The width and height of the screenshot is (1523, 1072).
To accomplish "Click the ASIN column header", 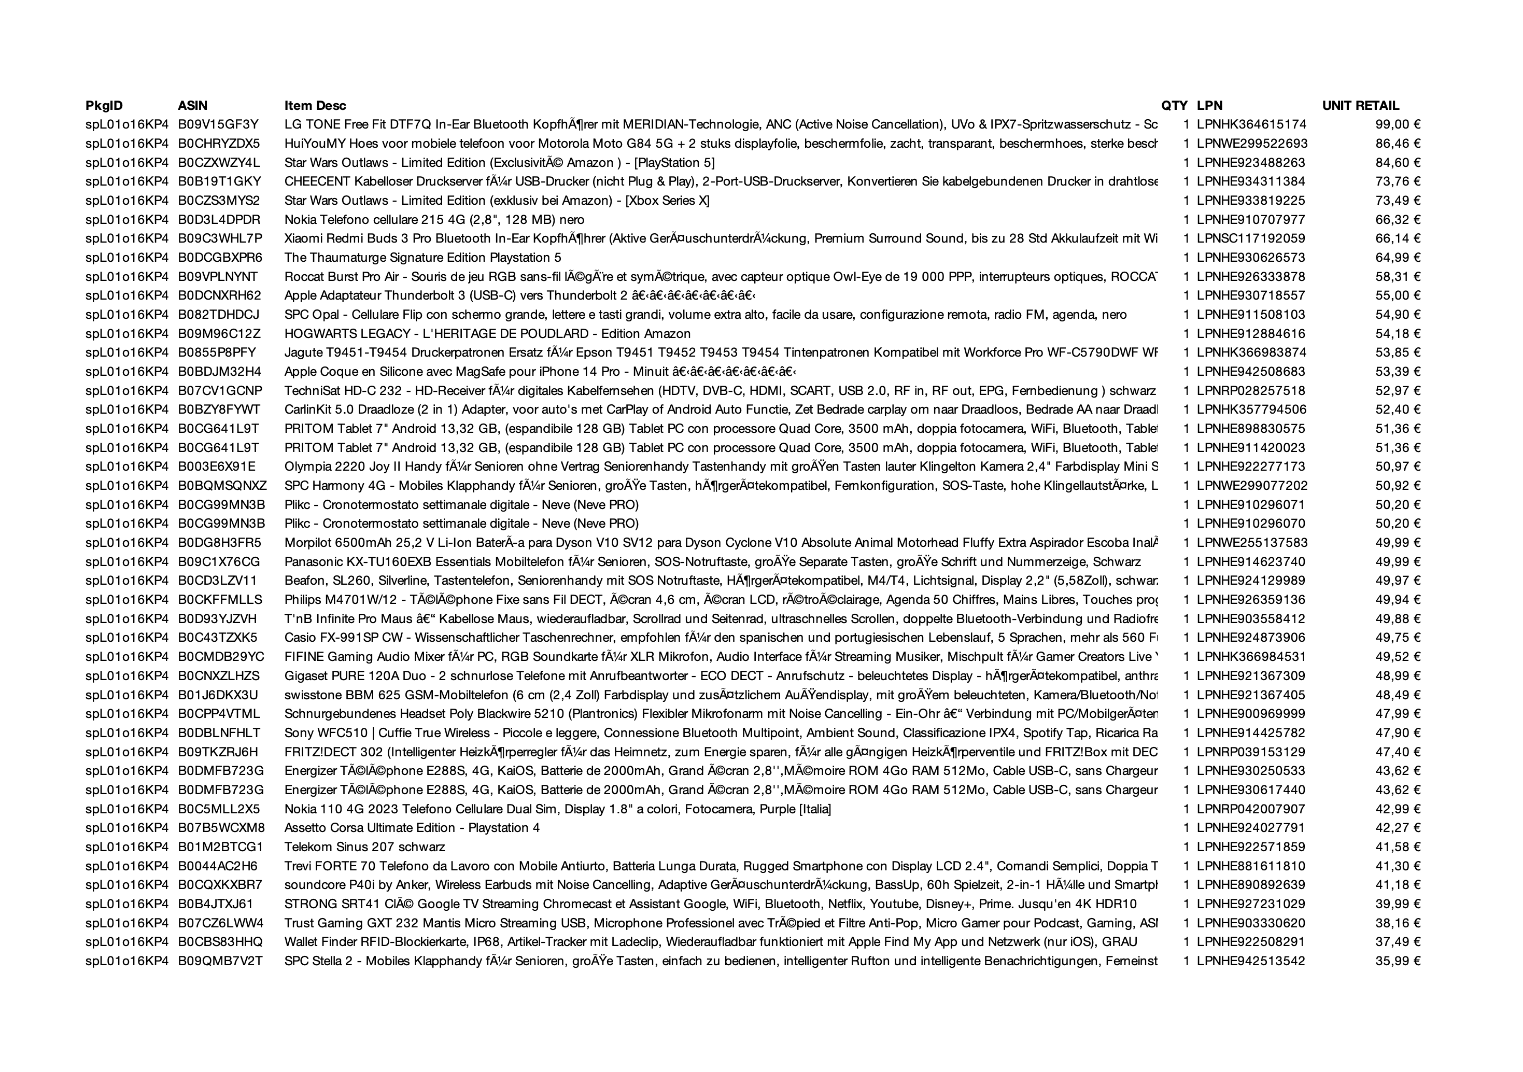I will pyautogui.click(x=192, y=105).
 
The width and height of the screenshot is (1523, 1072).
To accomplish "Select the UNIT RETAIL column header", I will pyautogui.click(x=1360, y=105).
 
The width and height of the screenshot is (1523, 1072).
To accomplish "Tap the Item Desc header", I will pyautogui.click(x=315, y=105).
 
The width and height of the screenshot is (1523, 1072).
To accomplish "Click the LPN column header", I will pyautogui.click(x=1209, y=105).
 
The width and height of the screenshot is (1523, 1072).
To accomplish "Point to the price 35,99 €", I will pyautogui.click(x=1398, y=961).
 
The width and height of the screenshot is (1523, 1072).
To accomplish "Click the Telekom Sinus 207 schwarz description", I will pyautogui.click(x=364, y=847).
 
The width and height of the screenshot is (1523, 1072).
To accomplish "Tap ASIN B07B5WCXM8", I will pyautogui.click(x=221, y=828).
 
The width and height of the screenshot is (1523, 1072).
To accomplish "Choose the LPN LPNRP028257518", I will pyautogui.click(x=1250, y=391).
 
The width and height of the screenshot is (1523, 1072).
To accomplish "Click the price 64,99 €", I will pyautogui.click(x=1398, y=258).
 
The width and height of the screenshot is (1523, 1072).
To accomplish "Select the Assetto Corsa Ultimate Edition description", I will pyautogui.click(x=412, y=828).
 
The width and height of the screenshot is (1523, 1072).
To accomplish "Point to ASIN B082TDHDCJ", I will pyautogui.click(x=218, y=315).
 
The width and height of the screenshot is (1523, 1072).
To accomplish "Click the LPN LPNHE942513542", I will pyautogui.click(x=1250, y=961).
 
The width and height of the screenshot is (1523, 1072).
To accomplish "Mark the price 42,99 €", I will pyautogui.click(x=1398, y=809).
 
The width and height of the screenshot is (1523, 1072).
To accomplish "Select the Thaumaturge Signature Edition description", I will pyautogui.click(x=422, y=258).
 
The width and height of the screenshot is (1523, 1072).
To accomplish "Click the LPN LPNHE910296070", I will pyautogui.click(x=1250, y=524).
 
